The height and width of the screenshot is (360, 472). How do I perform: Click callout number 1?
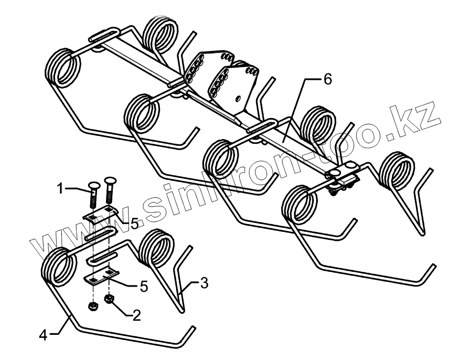[x=61, y=187]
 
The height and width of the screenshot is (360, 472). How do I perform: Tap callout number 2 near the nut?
[x=136, y=315]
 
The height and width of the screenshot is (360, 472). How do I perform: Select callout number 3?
[x=203, y=283]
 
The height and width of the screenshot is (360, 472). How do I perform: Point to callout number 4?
[x=44, y=334]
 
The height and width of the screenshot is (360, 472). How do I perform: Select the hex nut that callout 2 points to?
[x=110, y=299]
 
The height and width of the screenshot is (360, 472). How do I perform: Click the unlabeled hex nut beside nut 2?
[x=92, y=305]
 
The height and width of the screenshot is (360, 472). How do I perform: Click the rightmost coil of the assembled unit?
[x=397, y=171]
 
